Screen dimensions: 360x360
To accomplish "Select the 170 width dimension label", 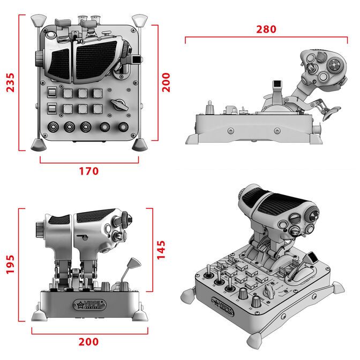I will (89, 171).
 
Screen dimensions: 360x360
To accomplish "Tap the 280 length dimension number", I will (266, 29).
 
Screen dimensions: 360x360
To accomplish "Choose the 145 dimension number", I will (162, 249).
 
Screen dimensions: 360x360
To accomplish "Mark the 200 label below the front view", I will (88, 342).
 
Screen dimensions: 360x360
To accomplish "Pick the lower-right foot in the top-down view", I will (140, 144).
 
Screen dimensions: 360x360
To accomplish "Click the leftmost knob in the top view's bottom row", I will (54, 128).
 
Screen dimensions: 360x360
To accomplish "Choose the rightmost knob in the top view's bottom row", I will (125, 128).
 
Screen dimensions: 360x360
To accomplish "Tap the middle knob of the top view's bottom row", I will (86, 128).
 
